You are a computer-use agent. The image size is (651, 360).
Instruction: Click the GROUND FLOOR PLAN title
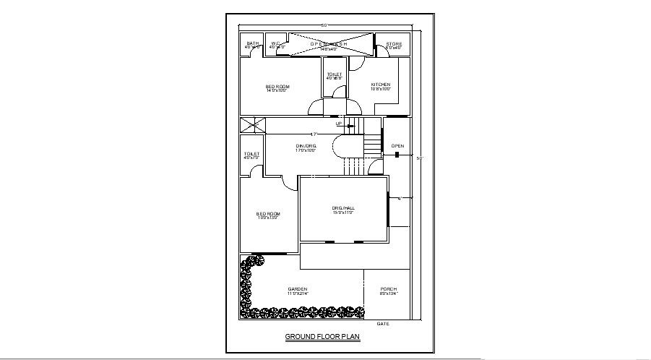pos(322,337)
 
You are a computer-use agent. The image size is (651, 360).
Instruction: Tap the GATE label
pos(383,324)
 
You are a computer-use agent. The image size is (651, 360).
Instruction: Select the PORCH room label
pos(389,289)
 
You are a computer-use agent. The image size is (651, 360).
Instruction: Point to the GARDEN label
pos(298,289)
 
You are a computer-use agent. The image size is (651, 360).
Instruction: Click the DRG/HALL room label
pos(344,208)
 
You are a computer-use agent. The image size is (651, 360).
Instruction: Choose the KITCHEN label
pos(381,85)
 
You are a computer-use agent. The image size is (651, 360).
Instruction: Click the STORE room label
pos(394,44)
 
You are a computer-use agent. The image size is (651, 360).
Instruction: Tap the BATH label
pos(252,43)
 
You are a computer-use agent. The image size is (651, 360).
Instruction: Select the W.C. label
pos(276,43)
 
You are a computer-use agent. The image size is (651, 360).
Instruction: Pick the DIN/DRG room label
pos(306,146)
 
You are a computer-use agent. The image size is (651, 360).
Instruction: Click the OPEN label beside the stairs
pos(398,146)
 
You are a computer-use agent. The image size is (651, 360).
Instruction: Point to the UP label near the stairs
pos(339,124)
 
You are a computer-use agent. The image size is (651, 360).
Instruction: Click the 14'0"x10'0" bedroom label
pos(277,87)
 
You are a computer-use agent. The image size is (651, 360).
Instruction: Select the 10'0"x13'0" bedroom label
pos(269,215)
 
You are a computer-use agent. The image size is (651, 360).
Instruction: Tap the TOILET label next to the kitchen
pos(335,74)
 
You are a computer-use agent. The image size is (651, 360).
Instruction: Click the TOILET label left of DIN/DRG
pos(251,154)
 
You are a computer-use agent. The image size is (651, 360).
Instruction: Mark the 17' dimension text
pos(314,134)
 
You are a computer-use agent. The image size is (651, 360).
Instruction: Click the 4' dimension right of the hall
pos(400,198)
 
